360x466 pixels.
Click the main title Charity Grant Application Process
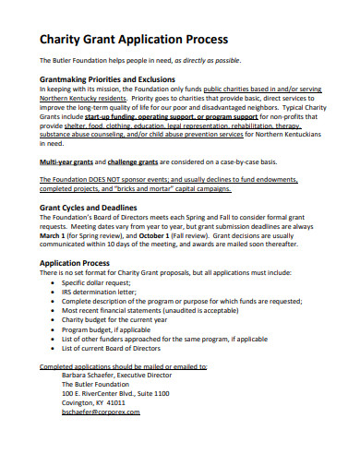click(x=133, y=40)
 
